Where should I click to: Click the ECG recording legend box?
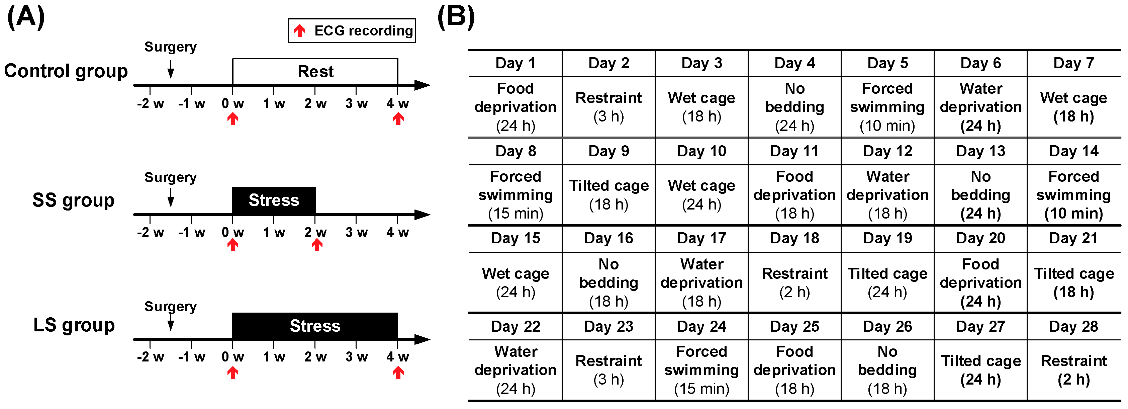tap(352, 30)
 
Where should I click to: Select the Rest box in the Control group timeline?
tap(315, 71)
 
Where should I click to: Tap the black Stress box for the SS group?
tap(274, 200)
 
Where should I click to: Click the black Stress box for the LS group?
tap(315, 326)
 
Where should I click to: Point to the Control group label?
tap(66, 71)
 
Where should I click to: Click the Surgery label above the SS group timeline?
tap(170, 177)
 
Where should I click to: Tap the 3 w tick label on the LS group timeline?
tap(357, 357)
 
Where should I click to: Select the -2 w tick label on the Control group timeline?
tap(150, 104)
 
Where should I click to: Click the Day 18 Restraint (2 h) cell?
tap(794, 282)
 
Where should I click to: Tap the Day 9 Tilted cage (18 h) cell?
tap(609, 195)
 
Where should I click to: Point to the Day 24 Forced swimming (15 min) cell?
tap(701, 370)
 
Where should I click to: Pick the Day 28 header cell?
tap(1074, 327)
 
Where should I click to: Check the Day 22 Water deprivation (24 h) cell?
tap(515, 370)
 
